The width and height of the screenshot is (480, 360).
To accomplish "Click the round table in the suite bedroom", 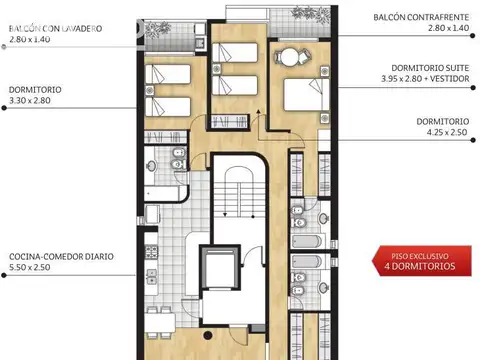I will tap(289, 57).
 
